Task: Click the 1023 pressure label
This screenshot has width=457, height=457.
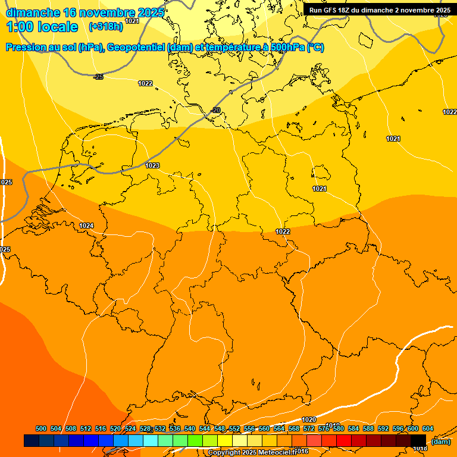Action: pos(152,165)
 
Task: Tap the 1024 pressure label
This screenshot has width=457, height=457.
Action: pos(86,226)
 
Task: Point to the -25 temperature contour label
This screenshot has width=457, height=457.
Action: pos(99,77)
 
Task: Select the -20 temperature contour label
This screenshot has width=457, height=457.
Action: pos(215,110)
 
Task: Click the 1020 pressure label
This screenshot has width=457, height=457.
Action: pos(309,420)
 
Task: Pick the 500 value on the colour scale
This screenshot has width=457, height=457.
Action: pos(41,428)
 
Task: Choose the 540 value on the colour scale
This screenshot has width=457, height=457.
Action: pos(190,428)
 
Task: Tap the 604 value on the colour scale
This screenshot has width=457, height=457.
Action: pos(428,428)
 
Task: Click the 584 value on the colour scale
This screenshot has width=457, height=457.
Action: pos(353,428)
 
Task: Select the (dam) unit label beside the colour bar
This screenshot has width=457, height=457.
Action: pos(441,442)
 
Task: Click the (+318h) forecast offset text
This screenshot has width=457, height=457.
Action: pos(105,27)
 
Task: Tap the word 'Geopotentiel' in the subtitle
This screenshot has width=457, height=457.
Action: pos(137,48)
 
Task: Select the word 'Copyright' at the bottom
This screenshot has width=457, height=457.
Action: pos(225,453)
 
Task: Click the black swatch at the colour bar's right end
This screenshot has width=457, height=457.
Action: pos(418,440)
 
